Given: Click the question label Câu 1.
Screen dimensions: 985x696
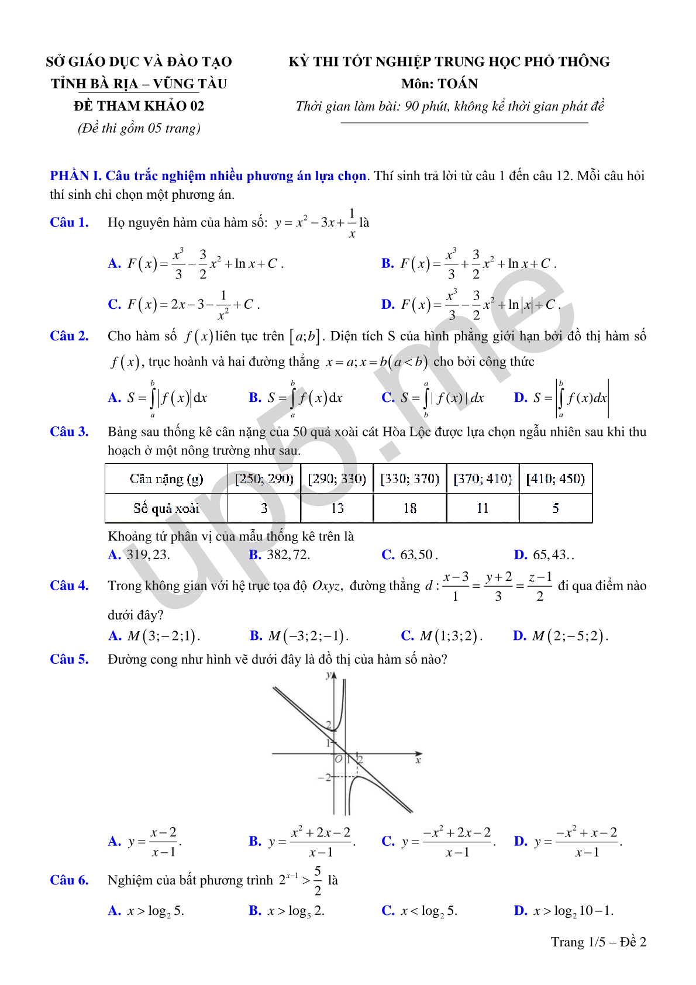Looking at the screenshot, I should point(69,222).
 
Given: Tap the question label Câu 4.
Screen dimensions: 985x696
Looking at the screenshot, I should point(69,586).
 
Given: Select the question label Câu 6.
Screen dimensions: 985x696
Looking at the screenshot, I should point(69,880).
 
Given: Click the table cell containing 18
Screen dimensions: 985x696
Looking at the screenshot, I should point(410,508).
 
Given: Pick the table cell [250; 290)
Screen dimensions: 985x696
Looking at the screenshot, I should point(264,479).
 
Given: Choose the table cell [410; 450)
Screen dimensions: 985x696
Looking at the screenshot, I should point(556,479).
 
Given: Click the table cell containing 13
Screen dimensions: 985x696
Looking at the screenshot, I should point(337,508).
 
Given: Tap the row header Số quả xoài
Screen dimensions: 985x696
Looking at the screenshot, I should point(166,508).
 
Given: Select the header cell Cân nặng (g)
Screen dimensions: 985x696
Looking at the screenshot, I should point(166,479).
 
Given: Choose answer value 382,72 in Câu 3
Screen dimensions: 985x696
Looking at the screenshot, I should point(288,555).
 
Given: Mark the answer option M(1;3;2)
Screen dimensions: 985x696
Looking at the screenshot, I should point(450,636).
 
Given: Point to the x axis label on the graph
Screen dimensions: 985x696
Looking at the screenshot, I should point(418,760).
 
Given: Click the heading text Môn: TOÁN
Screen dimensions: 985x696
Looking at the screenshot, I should point(439,84).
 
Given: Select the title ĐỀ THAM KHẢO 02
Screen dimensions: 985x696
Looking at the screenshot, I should point(139,106).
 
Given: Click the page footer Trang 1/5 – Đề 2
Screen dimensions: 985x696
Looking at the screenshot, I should point(598,942).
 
